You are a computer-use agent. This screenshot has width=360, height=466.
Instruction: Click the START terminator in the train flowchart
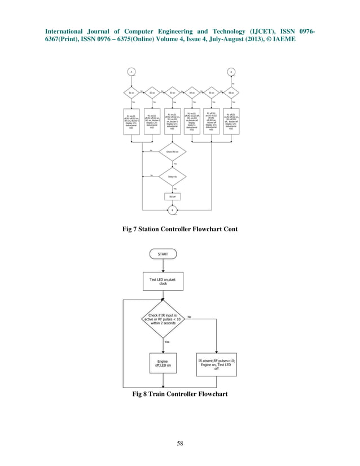[x=163, y=254]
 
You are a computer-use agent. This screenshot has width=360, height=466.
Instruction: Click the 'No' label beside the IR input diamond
[x=189, y=317]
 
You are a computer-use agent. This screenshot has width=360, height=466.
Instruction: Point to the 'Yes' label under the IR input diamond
[x=167, y=342]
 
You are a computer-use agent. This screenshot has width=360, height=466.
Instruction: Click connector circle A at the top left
[x=130, y=72]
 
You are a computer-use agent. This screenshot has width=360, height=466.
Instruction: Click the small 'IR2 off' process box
[x=172, y=196]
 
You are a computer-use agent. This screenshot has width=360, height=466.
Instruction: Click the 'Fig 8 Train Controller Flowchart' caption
[x=180, y=393]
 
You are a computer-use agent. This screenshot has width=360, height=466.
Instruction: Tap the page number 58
[x=179, y=442]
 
